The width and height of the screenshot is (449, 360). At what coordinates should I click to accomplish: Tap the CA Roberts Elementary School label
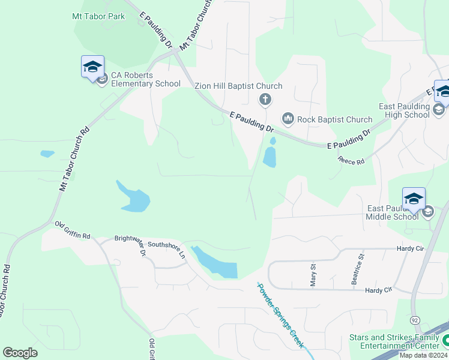tap(145, 79)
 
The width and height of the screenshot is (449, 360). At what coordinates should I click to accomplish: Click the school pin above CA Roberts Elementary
tap(92, 66)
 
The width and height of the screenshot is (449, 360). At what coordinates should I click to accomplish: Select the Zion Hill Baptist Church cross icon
tap(264, 99)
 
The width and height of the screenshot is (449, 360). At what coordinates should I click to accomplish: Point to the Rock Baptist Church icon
tap(288, 119)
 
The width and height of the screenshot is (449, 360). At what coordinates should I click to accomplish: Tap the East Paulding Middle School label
tap(393, 212)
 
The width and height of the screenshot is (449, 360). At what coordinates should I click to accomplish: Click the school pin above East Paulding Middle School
tap(413, 199)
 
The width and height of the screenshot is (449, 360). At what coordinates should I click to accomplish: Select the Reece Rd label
tap(351, 161)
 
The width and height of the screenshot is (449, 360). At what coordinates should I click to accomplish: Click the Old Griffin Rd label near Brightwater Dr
tap(72, 230)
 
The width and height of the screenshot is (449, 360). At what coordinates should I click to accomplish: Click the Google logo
tap(20, 353)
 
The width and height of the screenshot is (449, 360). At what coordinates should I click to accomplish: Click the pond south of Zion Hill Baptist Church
tap(270, 157)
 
